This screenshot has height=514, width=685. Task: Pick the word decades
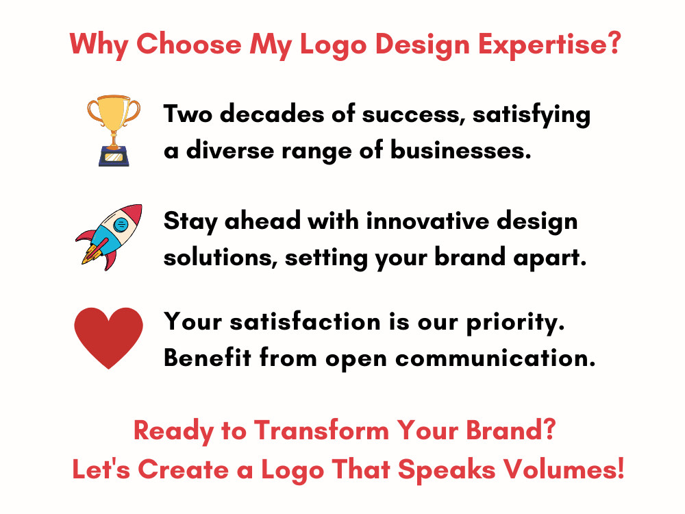(263, 114)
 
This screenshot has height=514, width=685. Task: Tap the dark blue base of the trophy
(113, 156)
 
